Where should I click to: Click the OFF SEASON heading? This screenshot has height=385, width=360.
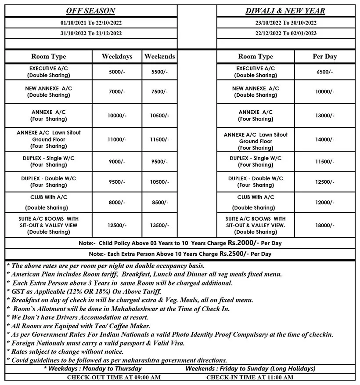pyautogui.click(x=90, y=11)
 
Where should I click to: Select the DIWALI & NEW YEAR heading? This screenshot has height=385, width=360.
pyautogui.click(x=285, y=11)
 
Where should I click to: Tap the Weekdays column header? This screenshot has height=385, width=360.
pyautogui.click(x=117, y=56)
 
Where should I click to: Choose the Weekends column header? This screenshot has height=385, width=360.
pyautogui.click(x=159, y=56)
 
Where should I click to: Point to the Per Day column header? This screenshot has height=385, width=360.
pyautogui.click(x=324, y=56)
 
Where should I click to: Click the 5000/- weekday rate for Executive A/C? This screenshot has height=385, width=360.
pyautogui.click(x=117, y=72)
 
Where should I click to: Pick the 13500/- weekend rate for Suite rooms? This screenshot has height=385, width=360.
pyautogui.click(x=159, y=225)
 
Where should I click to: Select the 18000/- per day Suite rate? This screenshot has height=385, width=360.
pyautogui.click(x=324, y=225)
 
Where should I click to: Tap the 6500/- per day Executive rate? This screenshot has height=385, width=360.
pyautogui.click(x=324, y=72)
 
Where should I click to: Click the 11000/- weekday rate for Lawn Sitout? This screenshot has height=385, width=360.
pyautogui.click(x=117, y=139)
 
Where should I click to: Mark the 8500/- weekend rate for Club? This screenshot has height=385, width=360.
pyautogui.click(x=159, y=202)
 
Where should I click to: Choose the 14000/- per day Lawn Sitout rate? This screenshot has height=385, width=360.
pyautogui.click(x=324, y=139)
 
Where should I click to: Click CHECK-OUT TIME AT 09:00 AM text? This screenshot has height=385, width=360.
pyautogui.click(x=114, y=377)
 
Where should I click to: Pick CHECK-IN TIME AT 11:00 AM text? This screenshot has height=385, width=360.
pyautogui.click(x=249, y=377)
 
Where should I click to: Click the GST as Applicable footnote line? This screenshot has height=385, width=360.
pyautogui.click(x=84, y=291)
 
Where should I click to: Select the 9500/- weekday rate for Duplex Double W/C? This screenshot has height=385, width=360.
pyautogui.click(x=117, y=182)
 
